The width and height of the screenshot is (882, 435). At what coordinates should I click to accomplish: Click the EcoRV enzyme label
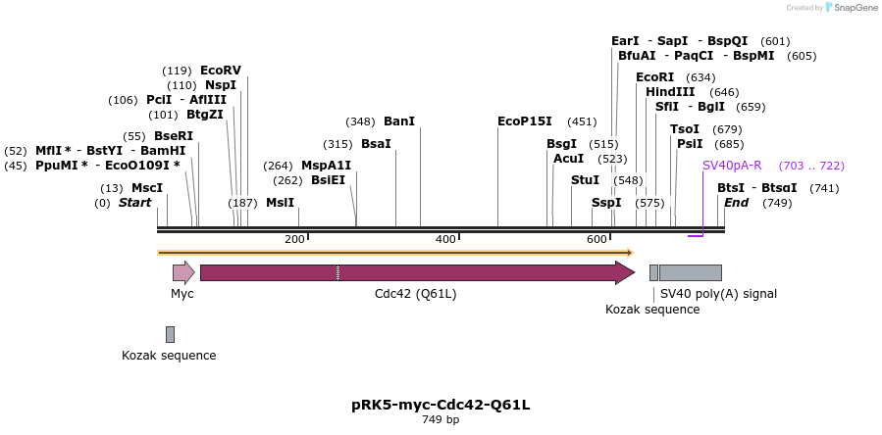pyautogui.click(x=221, y=71)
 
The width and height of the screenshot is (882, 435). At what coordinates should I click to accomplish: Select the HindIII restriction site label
pyautogui.click(x=670, y=92)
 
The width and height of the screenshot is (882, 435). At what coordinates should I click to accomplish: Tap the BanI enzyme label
pyautogui.click(x=398, y=121)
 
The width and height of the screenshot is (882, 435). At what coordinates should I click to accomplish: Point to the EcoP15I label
pyautogui.click(x=525, y=121)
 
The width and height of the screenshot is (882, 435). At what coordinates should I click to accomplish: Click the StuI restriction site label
pyautogui.click(x=585, y=180)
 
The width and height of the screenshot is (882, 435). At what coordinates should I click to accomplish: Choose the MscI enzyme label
pyautogui.click(x=147, y=187)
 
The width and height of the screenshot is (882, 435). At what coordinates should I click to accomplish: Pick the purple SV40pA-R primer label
pyautogui.click(x=732, y=166)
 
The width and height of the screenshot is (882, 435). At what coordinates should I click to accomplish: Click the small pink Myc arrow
pyautogui.click(x=183, y=272)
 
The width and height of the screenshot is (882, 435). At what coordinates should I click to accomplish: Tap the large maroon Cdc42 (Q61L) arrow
pyautogui.click(x=417, y=272)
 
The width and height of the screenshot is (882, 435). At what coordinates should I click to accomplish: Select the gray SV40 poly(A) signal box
pyautogui.click(x=691, y=272)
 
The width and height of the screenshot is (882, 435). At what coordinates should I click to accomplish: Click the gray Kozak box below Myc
pyautogui.click(x=170, y=334)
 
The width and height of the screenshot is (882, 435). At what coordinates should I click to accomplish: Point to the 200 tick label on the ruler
pyautogui.click(x=294, y=240)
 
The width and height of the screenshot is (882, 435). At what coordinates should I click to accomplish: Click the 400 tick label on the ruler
pyautogui.click(x=445, y=240)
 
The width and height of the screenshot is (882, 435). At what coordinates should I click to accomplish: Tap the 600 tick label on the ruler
pyautogui.click(x=597, y=240)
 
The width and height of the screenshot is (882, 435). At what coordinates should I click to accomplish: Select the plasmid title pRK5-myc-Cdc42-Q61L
pyautogui.click(x=441, y=405)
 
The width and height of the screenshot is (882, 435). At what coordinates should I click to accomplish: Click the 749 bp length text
pyautogui.click(x=441, y=420)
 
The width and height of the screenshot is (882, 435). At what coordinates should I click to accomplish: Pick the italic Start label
pyautogui.click(x=135, y=203)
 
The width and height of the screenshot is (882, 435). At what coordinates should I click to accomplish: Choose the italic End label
pyautogui.click(x=737, y=203)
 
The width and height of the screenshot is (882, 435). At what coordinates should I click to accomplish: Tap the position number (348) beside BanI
pyautogui.click(x=361, y=121)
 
